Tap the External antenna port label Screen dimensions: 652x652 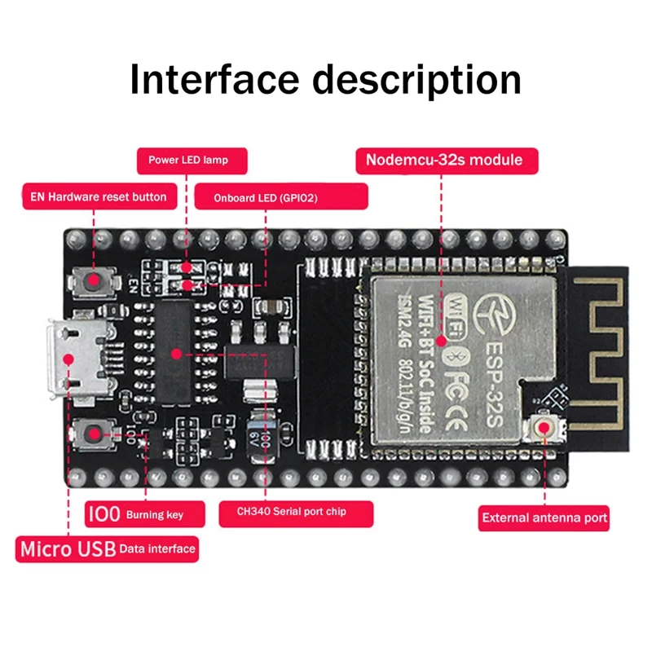coord(544,518)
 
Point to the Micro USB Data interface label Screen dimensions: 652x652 coord(107,548)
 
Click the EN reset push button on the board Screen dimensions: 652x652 coord(95,282)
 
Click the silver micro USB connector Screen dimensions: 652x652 coord(78,358)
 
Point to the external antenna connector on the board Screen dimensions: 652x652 coord(544,429)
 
